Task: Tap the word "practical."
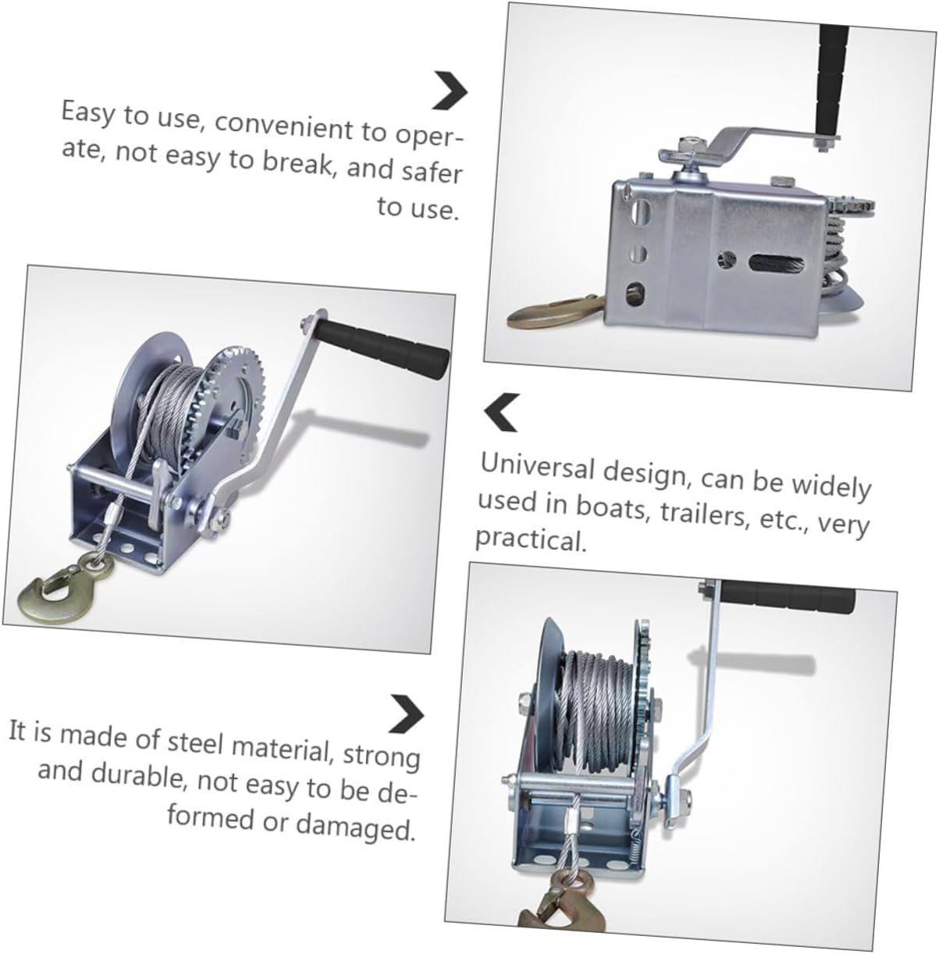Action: (x=530, y=538)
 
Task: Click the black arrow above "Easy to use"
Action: (x=450, y=91)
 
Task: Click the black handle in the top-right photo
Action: (x=833, y=78)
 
